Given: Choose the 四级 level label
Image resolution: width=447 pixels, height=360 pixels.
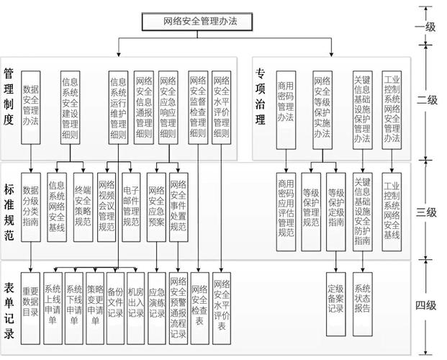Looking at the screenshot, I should coord(425,305).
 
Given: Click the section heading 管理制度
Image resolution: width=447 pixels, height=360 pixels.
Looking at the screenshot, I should coord(9,96).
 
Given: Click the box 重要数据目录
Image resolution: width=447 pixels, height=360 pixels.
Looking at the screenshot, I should coord(30,297).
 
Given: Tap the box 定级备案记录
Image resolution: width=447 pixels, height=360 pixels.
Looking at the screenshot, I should coord(335,293).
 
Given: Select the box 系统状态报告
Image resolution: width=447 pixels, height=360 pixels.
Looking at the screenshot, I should coord(362,293).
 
